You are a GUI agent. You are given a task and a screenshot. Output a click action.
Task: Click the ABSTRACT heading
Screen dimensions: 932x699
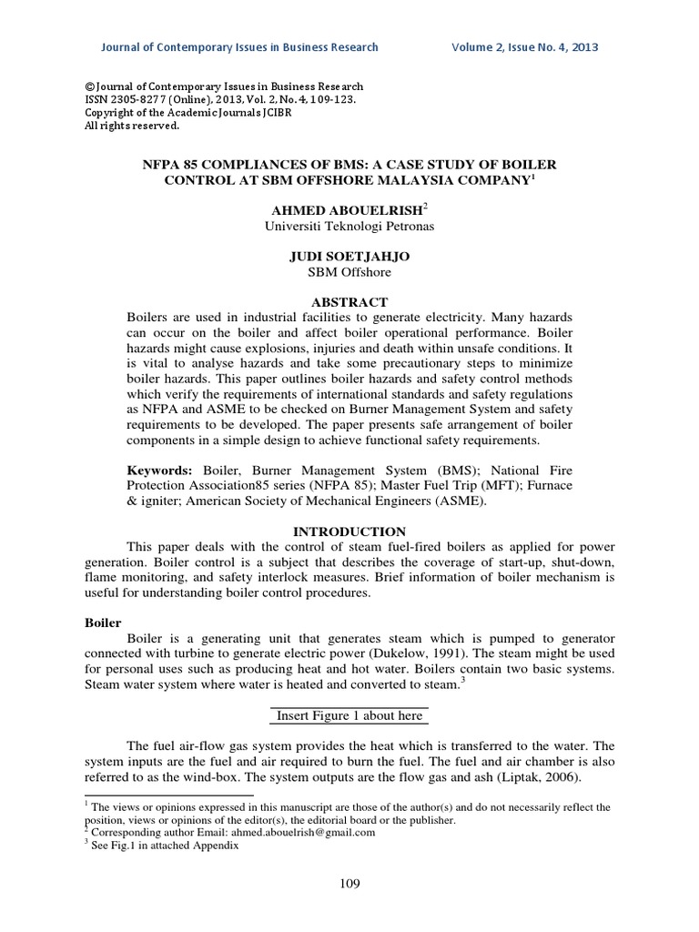tap(350, 301)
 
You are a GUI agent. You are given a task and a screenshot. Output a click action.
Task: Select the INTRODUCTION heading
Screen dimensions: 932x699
tap(349, 531)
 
